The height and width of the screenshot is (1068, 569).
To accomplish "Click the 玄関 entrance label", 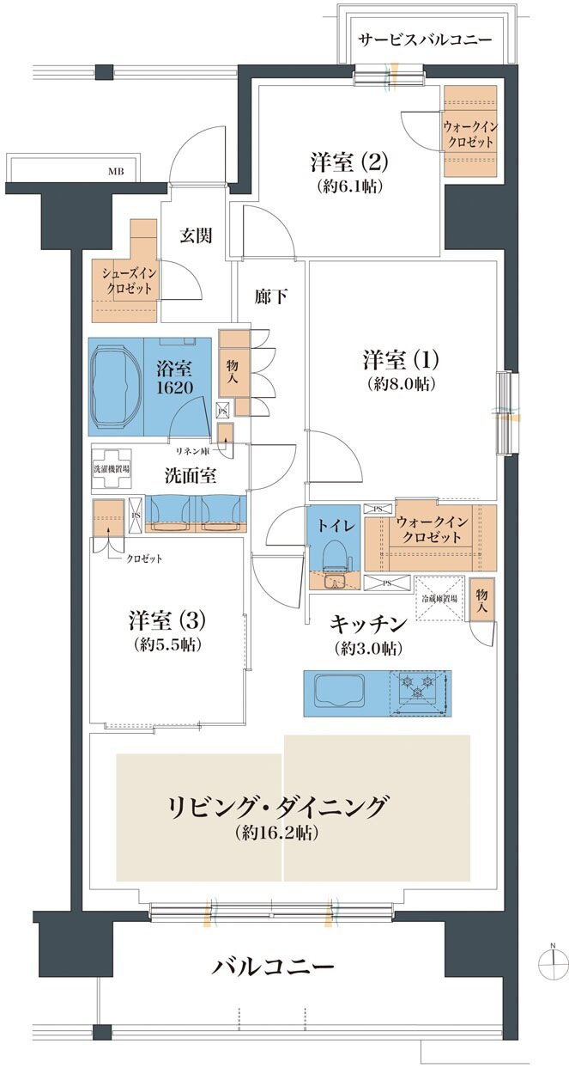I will coord(197,235).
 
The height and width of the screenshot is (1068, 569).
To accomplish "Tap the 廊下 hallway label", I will coord(270,297).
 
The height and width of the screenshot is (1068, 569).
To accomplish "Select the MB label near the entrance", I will coord(116,172).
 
